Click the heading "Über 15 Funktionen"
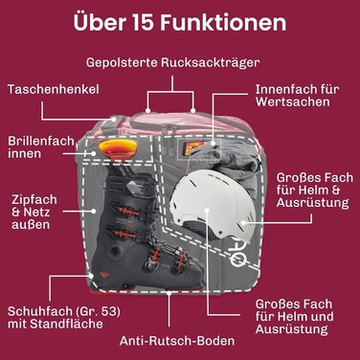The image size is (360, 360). tap(180, 22)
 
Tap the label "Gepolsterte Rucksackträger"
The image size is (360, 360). tap(172, 62)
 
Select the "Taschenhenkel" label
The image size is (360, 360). tap(54, 89)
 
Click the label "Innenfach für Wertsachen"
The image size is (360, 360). tap(297, 96)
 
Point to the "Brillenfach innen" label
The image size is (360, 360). tap(41, 147)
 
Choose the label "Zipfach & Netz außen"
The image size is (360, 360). tap(34, 213)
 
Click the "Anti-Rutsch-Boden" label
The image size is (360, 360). tap(177, 341)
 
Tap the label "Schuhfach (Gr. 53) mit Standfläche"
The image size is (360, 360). tap(64, 318)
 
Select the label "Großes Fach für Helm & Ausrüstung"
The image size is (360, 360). tap(315, 191)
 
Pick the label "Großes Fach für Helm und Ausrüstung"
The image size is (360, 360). tap(294, 317)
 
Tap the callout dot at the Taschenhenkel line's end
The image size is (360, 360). tap(114, 119)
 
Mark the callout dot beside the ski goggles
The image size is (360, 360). tap(94, 153)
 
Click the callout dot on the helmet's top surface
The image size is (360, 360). tap(207, 211)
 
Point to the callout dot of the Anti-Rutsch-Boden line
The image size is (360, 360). tap(169, 292)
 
